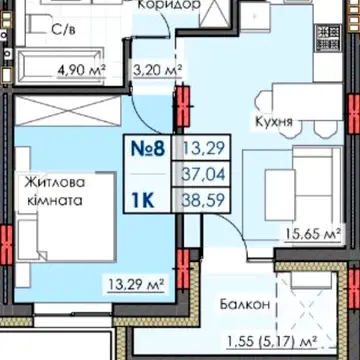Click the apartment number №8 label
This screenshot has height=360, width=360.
(148, 148)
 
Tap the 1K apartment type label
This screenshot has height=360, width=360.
(143, 200)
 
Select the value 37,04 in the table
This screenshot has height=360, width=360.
(203, 174)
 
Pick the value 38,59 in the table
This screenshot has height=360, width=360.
(203, 200)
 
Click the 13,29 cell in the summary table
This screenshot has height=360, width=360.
(203, 148)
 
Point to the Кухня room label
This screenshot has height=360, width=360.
(274, 122)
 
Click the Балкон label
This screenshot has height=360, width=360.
(245, 304)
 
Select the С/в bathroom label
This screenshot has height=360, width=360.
(63, 30)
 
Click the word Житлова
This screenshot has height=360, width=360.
(54, 183)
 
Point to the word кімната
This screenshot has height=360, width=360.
(55, 201)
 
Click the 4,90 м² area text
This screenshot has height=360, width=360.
(81, 70)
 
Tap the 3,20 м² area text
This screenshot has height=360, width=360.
(158, 70)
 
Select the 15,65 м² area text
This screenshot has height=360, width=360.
(313, 233)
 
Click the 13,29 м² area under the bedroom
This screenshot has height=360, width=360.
(137, 284)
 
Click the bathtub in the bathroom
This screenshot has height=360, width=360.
(60, 66)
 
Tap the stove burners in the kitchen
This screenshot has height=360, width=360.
(328, 39)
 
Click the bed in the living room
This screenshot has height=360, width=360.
(67, 217)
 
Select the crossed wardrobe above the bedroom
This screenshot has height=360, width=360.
(68, 111)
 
